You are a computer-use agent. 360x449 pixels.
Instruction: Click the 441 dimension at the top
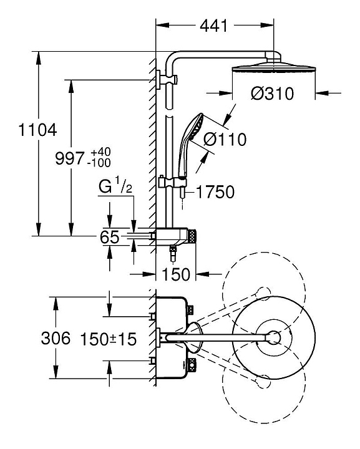(213, 26)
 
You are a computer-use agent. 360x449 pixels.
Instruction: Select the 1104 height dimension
(37, 130)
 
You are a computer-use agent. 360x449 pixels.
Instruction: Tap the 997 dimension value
(70, 158)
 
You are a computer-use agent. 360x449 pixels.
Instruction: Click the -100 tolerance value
(99, 163)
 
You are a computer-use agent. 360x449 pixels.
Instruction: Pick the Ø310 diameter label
(273, 94)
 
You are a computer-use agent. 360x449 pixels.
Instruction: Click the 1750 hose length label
(215, 192)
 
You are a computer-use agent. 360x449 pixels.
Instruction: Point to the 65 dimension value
(110, 237)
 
